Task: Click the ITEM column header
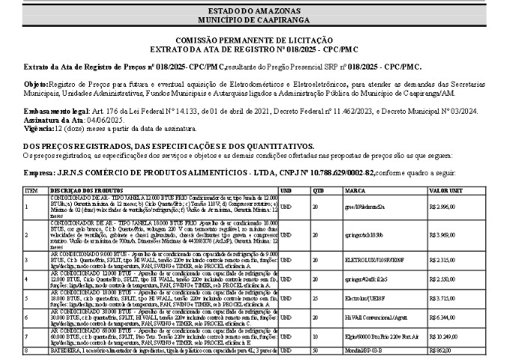pyautogui.click(x=31, y=191)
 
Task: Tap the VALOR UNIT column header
pyautogui.click(x=446, y=191)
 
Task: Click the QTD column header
pyautogui.click(x=318, y=191)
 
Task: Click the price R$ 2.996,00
pyautogui.click(x=443, y=206)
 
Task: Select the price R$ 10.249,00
pyautogui.click(x=444, y=337)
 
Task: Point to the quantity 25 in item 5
pyautogui.click(x=315, y=298)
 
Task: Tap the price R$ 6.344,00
pyautogui.click(x=443, y=317)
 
